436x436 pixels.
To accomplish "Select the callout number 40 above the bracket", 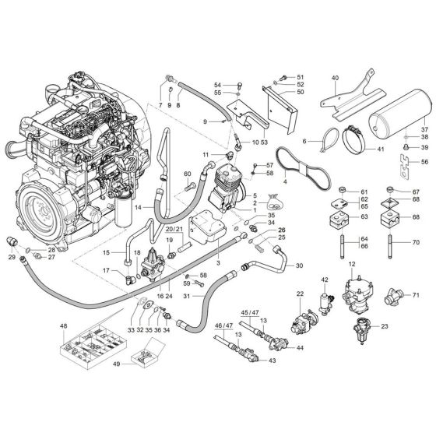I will [x=336, y=78].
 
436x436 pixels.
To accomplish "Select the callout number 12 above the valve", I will [x=352, y=265].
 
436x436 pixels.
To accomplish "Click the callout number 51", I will [x=301, y=76].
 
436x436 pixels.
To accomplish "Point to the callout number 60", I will [x=187, y=174].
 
